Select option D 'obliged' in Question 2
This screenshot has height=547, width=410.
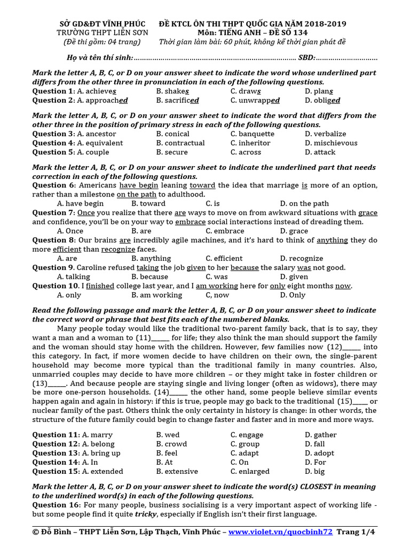(x=322, y=100)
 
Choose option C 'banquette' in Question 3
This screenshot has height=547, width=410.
(x=253, y=134)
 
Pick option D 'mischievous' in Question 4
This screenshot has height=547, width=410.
(x=329, y=143)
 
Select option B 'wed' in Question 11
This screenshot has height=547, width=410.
(x=168, y=435)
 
